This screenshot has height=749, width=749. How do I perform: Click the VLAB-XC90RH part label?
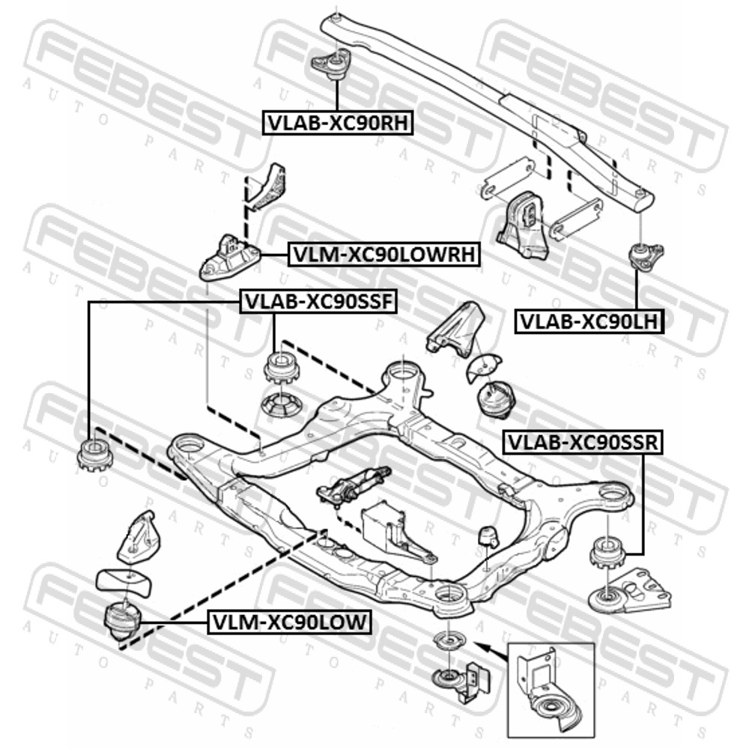pos(338,123)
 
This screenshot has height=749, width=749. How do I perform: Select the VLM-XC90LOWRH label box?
pos(383,254)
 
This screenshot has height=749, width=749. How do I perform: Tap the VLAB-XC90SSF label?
pos(318,301)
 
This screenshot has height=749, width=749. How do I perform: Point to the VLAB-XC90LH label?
pos(589,321)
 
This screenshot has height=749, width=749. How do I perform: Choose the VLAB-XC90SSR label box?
pos(583,442)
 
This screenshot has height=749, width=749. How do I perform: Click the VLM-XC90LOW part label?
pos(289,622)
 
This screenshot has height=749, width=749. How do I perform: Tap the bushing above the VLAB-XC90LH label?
pos(645,255)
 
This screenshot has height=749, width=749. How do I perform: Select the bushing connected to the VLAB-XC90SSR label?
pos(607,554)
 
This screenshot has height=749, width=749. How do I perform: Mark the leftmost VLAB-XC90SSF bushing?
pos(94,455)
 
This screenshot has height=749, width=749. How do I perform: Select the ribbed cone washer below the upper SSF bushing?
pos(280,405)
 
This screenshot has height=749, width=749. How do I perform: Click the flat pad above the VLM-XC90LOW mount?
pos(124,581)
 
